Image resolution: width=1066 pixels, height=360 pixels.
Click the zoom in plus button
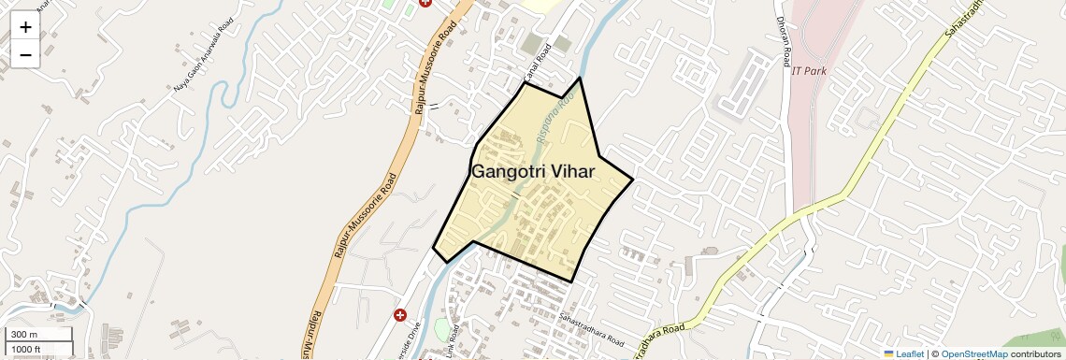(x=25, y=26)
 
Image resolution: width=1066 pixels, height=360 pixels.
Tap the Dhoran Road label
(x=782, y=42)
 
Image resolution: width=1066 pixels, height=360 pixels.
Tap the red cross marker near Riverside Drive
(x=400, y=315)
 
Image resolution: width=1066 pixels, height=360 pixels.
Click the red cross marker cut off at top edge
(x=426, y=3)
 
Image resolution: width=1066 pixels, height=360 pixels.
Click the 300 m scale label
(x=25, y=335)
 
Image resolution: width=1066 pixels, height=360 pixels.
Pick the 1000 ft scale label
(x=25, y=350)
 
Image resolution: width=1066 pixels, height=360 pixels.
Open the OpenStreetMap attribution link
(x=973, y=353)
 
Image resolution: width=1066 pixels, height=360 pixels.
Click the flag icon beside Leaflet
(x=889, y=353)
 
